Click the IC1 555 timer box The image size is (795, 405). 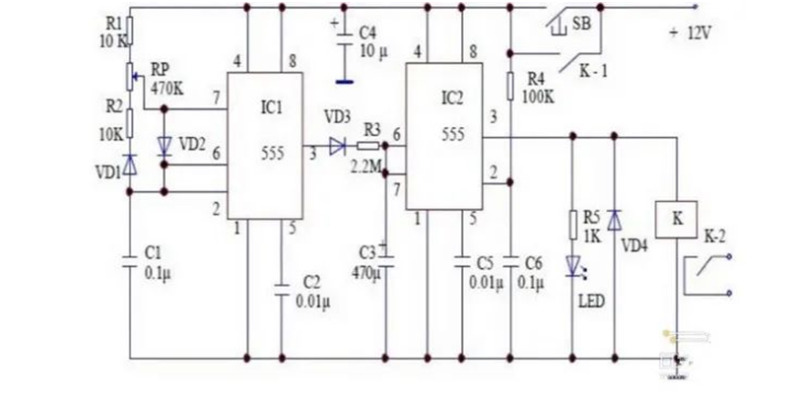(x=265, y=146)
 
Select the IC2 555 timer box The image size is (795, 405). (x=443, y=136)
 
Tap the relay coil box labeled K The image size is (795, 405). (x=677, y=220)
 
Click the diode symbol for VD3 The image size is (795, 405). (x=338, y=147)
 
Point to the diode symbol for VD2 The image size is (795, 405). (x=164, y=146)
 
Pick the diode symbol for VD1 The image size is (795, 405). (x=130, y=165)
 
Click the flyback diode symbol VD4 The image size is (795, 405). (x=614, y=220)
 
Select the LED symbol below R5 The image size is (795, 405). (x=574, y=267)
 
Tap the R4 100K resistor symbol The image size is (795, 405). (x=510, y=86)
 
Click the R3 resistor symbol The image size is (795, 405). (x=368, y=146)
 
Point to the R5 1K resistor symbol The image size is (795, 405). (x=573, y=225)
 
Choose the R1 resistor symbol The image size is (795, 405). (x=130, y=31)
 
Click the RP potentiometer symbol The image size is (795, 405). (x=131, y=77)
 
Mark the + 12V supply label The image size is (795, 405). (x=690, y=34)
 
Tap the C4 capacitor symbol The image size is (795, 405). (x=344, y=39)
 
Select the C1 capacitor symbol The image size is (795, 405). (x=130, y=260)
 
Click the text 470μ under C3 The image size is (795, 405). (x=366, y=274)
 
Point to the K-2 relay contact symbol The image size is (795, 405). (x=707, y=275)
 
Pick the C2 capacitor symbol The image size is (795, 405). (x=282, y=290)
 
